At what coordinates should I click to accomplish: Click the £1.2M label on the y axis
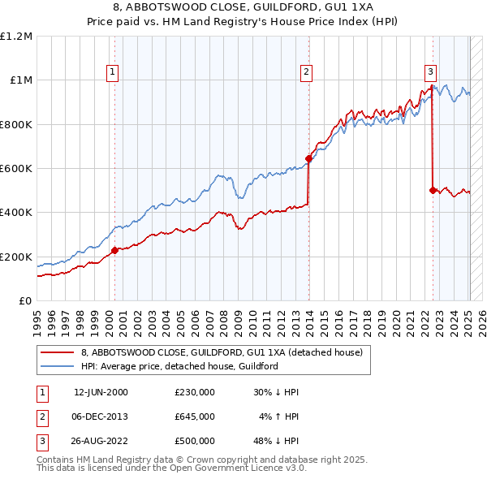[16, 37]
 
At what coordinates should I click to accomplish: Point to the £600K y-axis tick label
[16, 169]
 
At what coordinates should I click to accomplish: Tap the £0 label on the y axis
[25, 301]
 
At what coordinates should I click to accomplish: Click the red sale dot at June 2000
[114, 250]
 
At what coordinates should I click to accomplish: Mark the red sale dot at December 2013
[308, 158]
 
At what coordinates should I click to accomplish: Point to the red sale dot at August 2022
[433, 190]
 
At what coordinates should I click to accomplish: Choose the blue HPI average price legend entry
[179, 366]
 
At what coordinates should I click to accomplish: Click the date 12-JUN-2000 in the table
[101, 392]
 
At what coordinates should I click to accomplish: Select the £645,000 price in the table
[195, 416]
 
